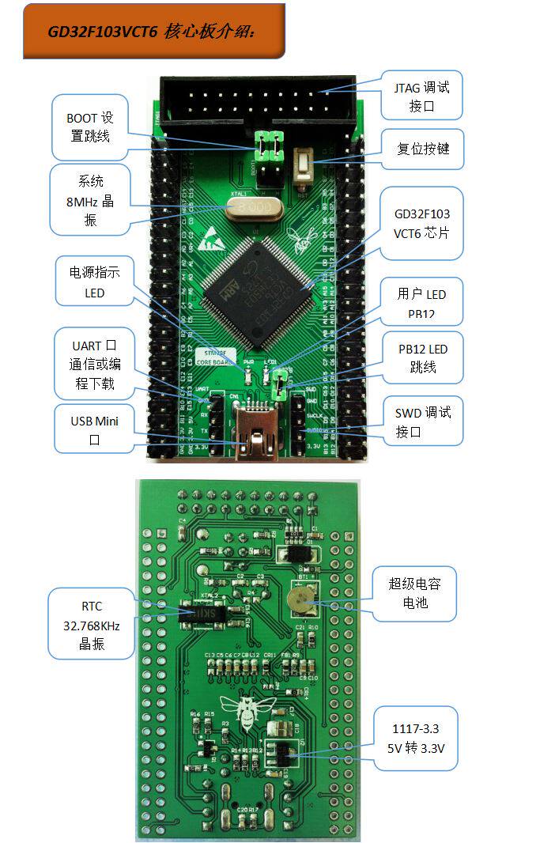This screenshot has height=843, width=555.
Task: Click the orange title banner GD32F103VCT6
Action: click(x=153, y=32)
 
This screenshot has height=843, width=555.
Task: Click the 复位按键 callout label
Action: click(x=421, y=147)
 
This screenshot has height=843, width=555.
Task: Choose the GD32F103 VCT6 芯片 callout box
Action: click(x=421, y=224)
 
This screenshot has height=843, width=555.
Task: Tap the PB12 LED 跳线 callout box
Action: click(x=421, y=357)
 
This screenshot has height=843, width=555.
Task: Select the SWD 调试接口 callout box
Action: click(x=423, y=422)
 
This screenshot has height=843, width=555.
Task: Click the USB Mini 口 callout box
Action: click(x=94, y=429)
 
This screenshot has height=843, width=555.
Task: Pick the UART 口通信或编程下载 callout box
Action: click(x=94, y=364)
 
